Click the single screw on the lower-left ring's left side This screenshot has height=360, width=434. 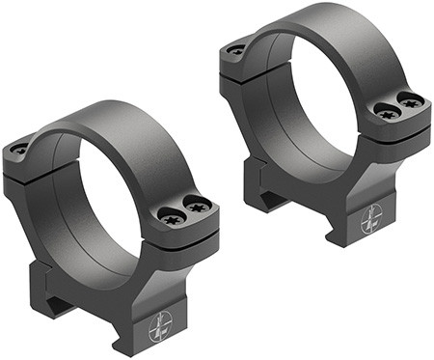[x=20, y=150]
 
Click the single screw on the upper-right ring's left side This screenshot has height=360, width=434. [x=234, y=49]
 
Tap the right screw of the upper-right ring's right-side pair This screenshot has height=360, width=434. [x=412, y=100]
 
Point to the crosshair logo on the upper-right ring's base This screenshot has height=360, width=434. [x=371, y=221]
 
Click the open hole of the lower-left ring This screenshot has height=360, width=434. [x=116, y=203]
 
